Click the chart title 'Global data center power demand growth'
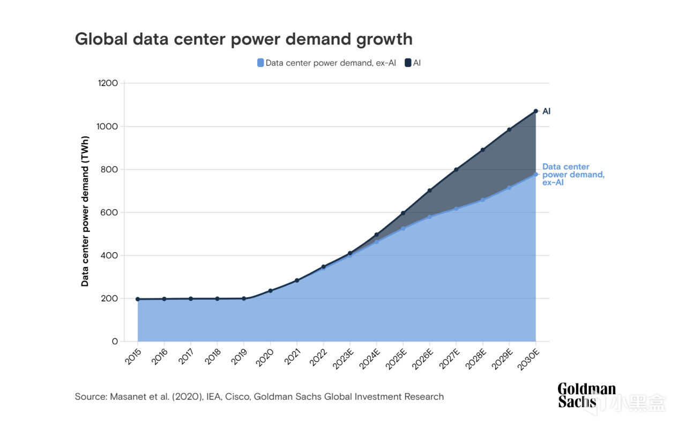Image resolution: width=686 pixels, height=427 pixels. [243, 39]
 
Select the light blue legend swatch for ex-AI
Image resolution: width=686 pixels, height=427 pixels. [260, 63]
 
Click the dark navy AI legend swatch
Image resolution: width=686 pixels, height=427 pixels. [408, 63]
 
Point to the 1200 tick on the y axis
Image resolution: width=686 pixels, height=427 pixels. [108, 83]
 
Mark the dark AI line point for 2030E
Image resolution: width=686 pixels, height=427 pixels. [535, 111]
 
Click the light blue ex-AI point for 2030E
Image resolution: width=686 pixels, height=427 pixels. [535, 174]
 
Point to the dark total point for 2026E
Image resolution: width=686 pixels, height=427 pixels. [429, 190]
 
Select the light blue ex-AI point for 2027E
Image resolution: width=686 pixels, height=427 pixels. [456, 209]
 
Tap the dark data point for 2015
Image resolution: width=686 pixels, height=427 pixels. [138, 299]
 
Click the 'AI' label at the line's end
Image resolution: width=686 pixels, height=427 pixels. [547, 112]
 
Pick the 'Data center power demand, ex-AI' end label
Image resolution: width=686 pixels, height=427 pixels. [573, 174]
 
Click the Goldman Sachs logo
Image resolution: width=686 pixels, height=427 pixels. [586, 395]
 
